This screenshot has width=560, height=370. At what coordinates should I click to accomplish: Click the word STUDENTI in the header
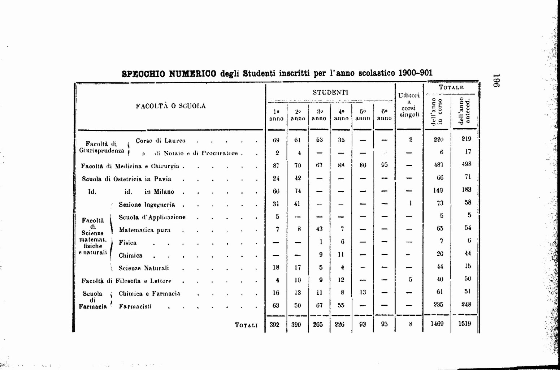pyautogui.click(x=330, y=92)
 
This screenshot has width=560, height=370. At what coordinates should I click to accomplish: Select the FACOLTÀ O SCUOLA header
pyautogui.click(x=171, y=106)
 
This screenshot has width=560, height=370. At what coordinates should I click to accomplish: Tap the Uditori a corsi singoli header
pyautogui.click(x=409, y=105)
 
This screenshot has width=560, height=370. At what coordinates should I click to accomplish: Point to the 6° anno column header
pyautogui.click(x=384, y=115)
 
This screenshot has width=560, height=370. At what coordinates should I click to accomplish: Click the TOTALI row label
pyautogui.click(x=246, y=325)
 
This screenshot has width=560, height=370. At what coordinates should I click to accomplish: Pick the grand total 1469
pyautogui.click(x=437, y=324)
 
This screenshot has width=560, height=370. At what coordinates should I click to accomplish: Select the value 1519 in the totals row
pyautogui.click(x=465, y=323)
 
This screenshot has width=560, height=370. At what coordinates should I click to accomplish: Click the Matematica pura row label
pyautogui.click(x=144, y=230)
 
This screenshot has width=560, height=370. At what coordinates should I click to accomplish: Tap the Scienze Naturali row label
pyautogui.click(x=144, y=268)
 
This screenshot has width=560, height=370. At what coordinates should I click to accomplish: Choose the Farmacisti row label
pyautogui.click(x=135, y=306)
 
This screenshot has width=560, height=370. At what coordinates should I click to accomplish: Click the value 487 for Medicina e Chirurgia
pyautogui.click(x=438, y=165)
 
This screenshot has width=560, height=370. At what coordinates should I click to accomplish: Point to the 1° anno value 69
pyautogui.click(x=276, y=140)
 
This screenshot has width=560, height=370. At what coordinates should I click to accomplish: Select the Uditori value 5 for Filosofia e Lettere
pyautogui.click(x=411, y=279)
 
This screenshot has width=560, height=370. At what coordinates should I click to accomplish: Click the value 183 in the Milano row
pyautogui.click(x=466, y=189)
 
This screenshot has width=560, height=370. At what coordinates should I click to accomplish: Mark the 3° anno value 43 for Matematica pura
pyautogui.click(x=319, y=229)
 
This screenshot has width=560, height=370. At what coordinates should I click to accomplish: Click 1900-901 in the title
pyautogui.click(x=415, y=73)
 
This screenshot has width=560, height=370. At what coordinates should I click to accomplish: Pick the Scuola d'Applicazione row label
pyautogui.click(x=152, y=217)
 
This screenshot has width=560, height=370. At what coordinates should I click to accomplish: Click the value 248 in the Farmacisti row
pyautogui.click(x=466, y=304)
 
